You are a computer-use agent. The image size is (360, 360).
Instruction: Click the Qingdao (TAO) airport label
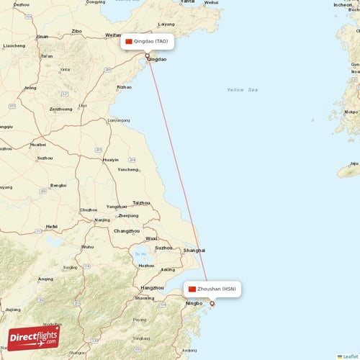tap(150, 41)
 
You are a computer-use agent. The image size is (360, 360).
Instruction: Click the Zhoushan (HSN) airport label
tap(216, 289)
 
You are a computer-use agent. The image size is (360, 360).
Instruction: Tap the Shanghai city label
tap(194, 250)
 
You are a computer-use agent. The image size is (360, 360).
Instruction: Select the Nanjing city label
tap(102, 220)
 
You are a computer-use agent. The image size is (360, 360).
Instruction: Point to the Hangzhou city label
tap(151, 287)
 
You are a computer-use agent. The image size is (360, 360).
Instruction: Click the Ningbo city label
tap(194, 304)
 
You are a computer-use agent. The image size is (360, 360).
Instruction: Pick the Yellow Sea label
tap(242, 90)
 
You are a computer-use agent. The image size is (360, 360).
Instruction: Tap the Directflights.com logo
tap(35, 335)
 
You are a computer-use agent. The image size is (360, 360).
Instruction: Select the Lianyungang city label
tap(119, 120)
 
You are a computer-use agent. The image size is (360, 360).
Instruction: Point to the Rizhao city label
tap(124, 87)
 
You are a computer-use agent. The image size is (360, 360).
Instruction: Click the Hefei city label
tap(51, 226)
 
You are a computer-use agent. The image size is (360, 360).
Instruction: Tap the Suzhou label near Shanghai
tap(163, 248)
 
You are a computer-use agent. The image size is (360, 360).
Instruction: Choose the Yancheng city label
tap(127, 169)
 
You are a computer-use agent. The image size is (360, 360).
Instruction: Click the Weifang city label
tap(114, 35)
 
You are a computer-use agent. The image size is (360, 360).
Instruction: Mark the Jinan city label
tap(42, 36)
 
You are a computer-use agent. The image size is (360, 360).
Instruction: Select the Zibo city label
tap(76, 31)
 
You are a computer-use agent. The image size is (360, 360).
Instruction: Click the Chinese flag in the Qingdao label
tap(130, 41)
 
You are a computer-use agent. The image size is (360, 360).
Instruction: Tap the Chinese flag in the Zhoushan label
tap(192, 289)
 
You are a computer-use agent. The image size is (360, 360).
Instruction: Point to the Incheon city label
tap(343, 5)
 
